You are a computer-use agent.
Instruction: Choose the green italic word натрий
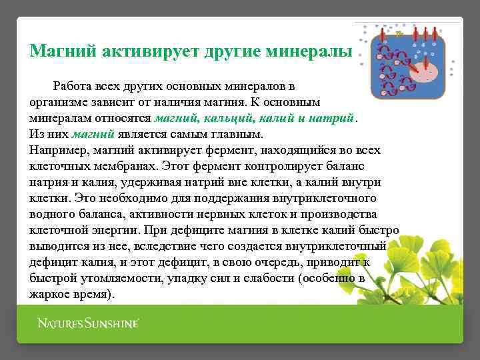point(333,119)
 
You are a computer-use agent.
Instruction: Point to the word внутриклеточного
point(323,199)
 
